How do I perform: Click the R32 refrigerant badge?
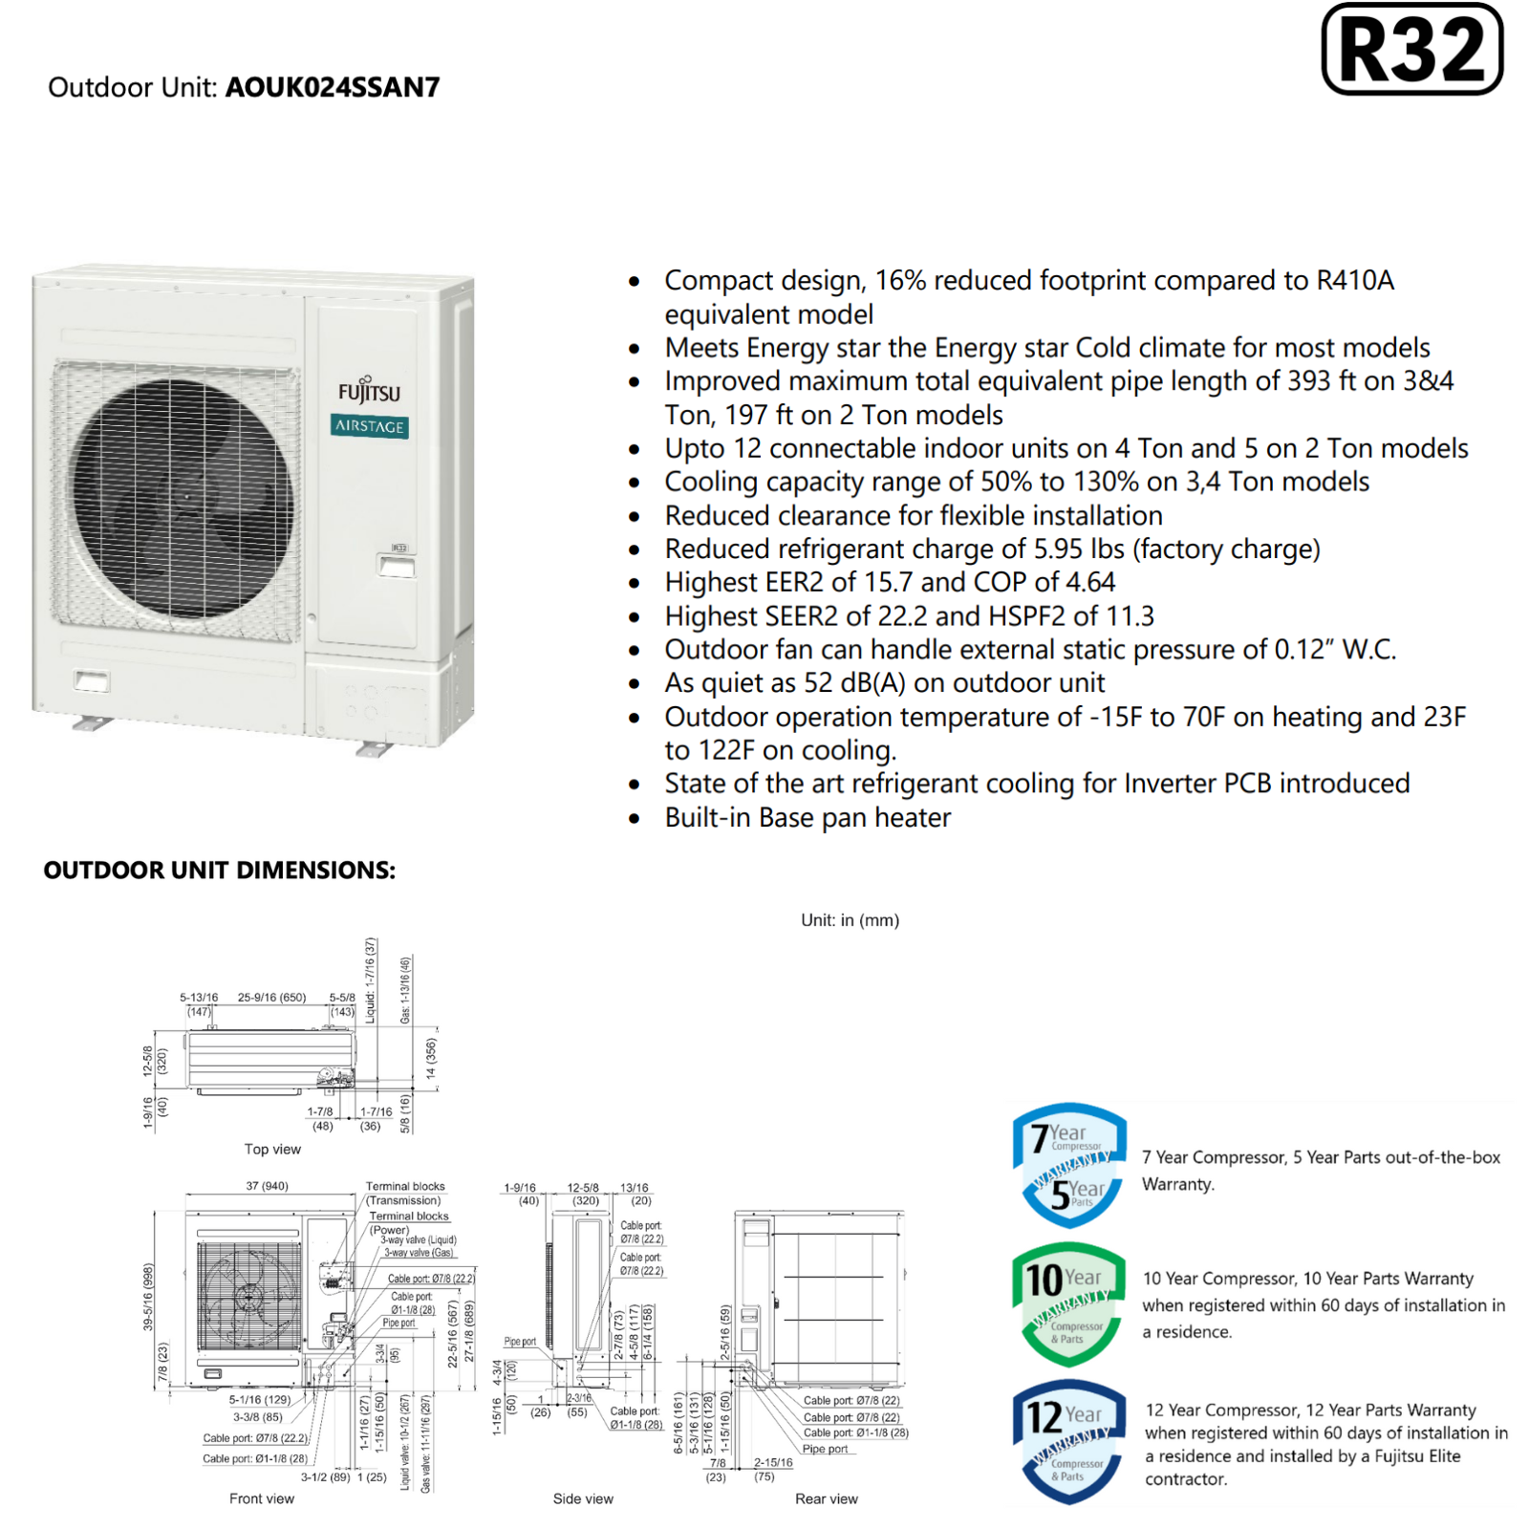(1411, 50)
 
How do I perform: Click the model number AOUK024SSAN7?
(333, 88)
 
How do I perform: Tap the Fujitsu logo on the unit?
(369, 392)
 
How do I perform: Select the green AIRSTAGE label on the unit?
(370, 426)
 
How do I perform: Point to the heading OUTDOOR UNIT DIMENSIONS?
(219, 870)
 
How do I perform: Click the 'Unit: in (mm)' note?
(850, 920)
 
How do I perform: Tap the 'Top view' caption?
(272, 1150)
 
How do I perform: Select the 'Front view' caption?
(261, 1498)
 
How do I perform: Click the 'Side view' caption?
(583, 1498)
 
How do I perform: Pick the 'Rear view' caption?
(827, 1498)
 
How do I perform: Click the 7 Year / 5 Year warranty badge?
(1069, 1165)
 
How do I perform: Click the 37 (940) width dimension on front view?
(267, 1186)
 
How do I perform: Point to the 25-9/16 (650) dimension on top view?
(271, 998)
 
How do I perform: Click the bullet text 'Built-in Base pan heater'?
(808, 818)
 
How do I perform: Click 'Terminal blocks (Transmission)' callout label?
(405, 1193)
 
